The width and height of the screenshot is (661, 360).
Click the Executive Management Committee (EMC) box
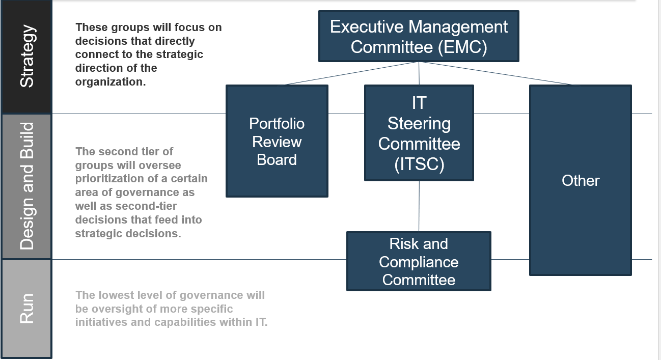click(419, 36)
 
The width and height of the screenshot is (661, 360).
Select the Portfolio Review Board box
click(277, 141)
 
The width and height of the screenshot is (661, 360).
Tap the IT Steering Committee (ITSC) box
click(419, 133)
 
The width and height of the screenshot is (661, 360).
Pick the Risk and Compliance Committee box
click(419, 261)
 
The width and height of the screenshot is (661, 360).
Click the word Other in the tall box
click(581, 181)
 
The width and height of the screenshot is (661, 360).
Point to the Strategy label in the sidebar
click(27, 56)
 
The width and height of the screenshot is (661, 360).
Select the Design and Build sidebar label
click(27, 186)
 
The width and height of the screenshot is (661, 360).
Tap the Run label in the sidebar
click(27, 309)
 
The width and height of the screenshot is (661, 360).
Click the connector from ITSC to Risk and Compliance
click(419, 206)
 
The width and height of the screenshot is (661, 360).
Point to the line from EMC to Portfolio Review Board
click(351, 73)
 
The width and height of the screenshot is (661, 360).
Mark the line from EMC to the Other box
click(496, 73)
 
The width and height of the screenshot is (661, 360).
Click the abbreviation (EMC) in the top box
click(462, 47)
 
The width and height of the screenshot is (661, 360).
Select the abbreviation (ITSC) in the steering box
click(419, 164)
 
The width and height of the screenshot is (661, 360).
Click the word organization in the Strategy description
click(111, 82)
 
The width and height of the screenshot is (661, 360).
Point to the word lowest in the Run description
click(114, 295)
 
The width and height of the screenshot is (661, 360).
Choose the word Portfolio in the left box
click(277, 123)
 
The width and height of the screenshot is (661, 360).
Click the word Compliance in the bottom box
click(419, 262)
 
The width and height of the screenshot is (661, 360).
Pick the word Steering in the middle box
click(419, 123)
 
